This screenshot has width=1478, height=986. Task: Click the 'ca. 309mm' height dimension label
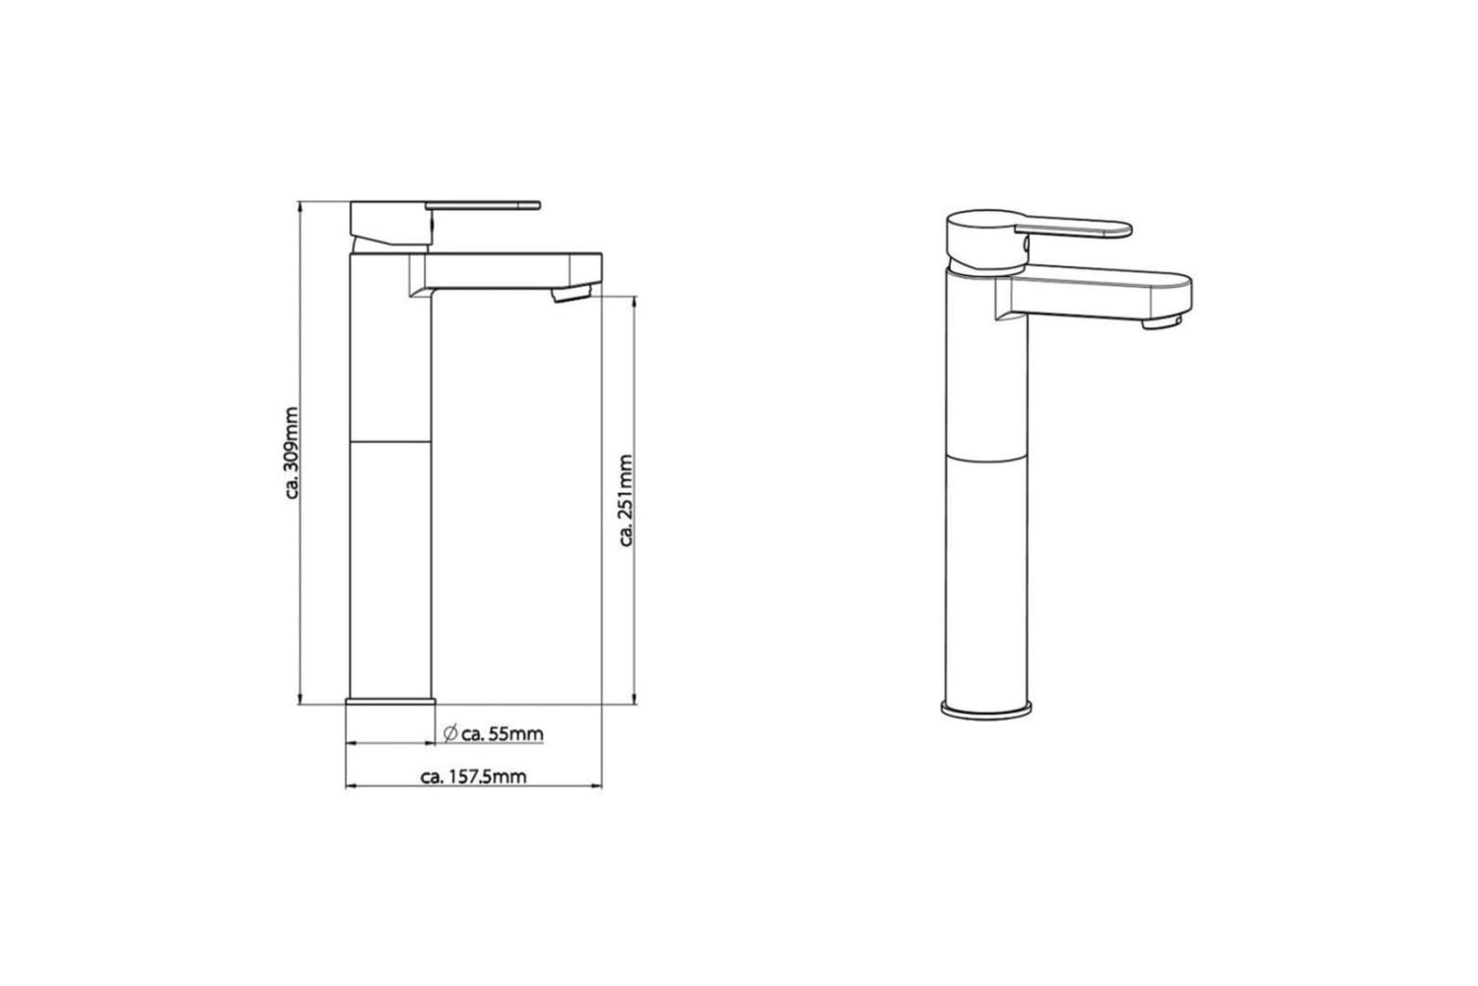(292, 453)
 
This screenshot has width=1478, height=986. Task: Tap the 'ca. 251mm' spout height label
(626, 501)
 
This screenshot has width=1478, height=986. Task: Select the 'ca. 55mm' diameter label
(503, 734)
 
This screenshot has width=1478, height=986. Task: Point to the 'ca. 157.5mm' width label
(474, 777)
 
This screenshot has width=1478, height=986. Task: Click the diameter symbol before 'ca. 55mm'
(450, 733)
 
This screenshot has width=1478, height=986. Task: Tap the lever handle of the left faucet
(483, 205)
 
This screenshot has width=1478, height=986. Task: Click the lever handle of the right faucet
(1074, 227)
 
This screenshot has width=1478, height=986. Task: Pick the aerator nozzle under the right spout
(1162, 322)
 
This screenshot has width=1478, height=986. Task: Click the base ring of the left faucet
(390, 701)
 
